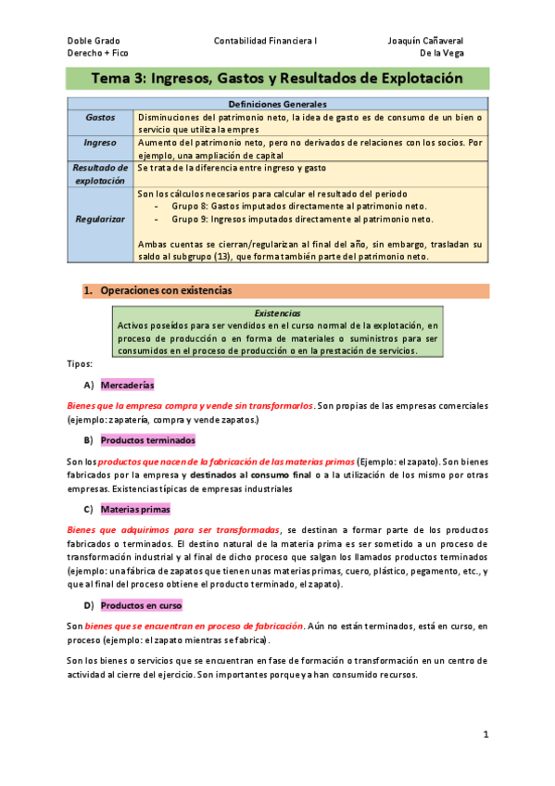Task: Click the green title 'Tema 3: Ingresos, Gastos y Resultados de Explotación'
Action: tap(277, 80)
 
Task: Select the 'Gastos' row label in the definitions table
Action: tap(100, 119)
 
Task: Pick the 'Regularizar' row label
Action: tap(100, 220)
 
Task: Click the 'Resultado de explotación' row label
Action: tap(100, 174)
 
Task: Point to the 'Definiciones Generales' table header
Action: tap(277, 105)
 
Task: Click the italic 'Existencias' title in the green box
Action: tap(277, 313)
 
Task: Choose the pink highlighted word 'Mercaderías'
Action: tap(127, 385)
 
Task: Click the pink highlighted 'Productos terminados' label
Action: tap(147, 439)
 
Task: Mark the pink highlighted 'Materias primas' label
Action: tap(134, 509)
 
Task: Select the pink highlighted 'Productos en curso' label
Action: tap(141, 605)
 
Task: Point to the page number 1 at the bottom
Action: tap(485, 735)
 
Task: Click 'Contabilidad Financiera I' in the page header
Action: tap(265, 41)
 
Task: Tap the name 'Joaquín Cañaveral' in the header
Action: tap(425, 41)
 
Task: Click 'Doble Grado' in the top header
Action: tap(88, 41)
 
